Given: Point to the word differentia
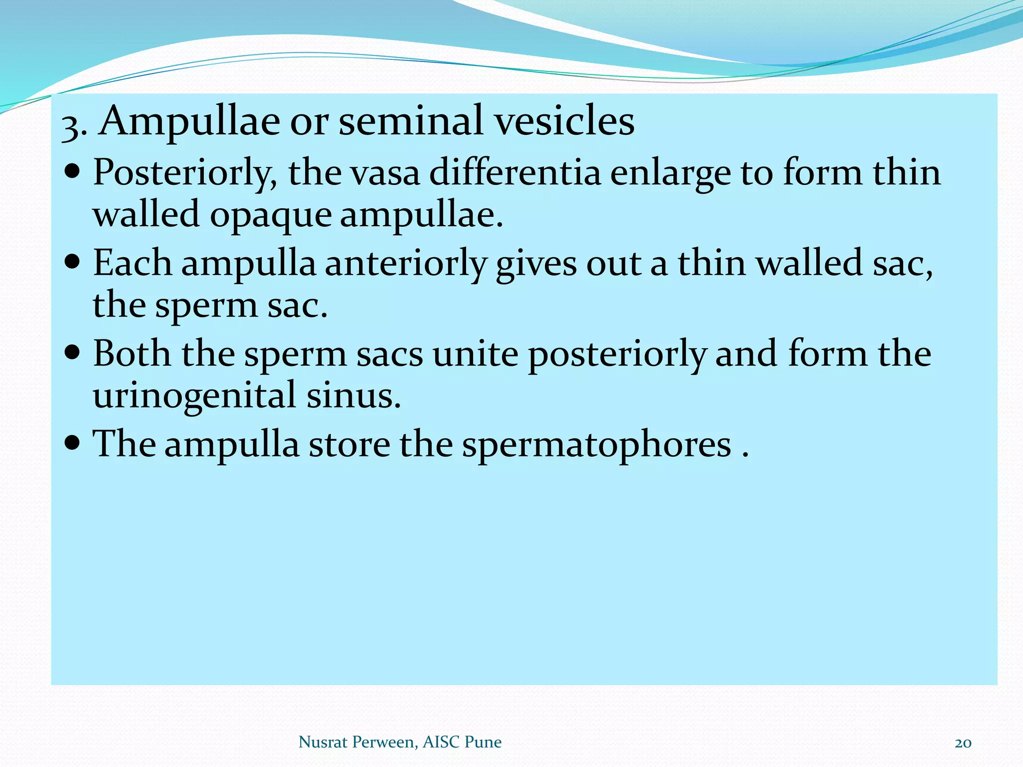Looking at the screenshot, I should tap(514, 172).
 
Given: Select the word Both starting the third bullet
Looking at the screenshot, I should tap(132, 354).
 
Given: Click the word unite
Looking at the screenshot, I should tap(475, 354).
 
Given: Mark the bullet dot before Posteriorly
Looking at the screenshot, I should tap(72, 171).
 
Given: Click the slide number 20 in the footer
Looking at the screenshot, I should tap(963, 743).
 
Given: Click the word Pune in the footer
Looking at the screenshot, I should tap(483, 742).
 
